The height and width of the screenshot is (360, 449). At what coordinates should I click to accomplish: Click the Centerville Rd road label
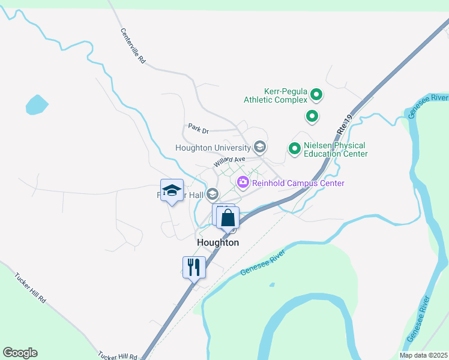(133, 47)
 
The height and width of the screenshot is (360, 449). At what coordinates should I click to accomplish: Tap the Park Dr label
(197, 128)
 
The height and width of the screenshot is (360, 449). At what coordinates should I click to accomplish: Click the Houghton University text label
(212, 148)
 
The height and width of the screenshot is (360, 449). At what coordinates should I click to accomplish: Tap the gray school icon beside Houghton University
(260, 147)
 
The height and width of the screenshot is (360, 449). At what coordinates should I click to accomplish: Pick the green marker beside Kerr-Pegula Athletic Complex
(316, 95)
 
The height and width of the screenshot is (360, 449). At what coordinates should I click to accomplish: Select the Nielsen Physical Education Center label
(335, 149)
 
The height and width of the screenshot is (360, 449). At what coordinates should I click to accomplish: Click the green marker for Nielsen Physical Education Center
(295, 148)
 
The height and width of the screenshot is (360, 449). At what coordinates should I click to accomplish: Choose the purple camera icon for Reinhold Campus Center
(243, 182)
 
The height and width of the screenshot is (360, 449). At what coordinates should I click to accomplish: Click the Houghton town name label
(218, 242)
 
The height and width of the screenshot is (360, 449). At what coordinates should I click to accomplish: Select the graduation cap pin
(172, 191)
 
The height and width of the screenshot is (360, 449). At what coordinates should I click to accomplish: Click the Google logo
(20, 353)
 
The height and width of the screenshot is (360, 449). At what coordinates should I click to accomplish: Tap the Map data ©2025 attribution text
(424, 355)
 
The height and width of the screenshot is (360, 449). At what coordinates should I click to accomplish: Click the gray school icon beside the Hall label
(212, 194)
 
